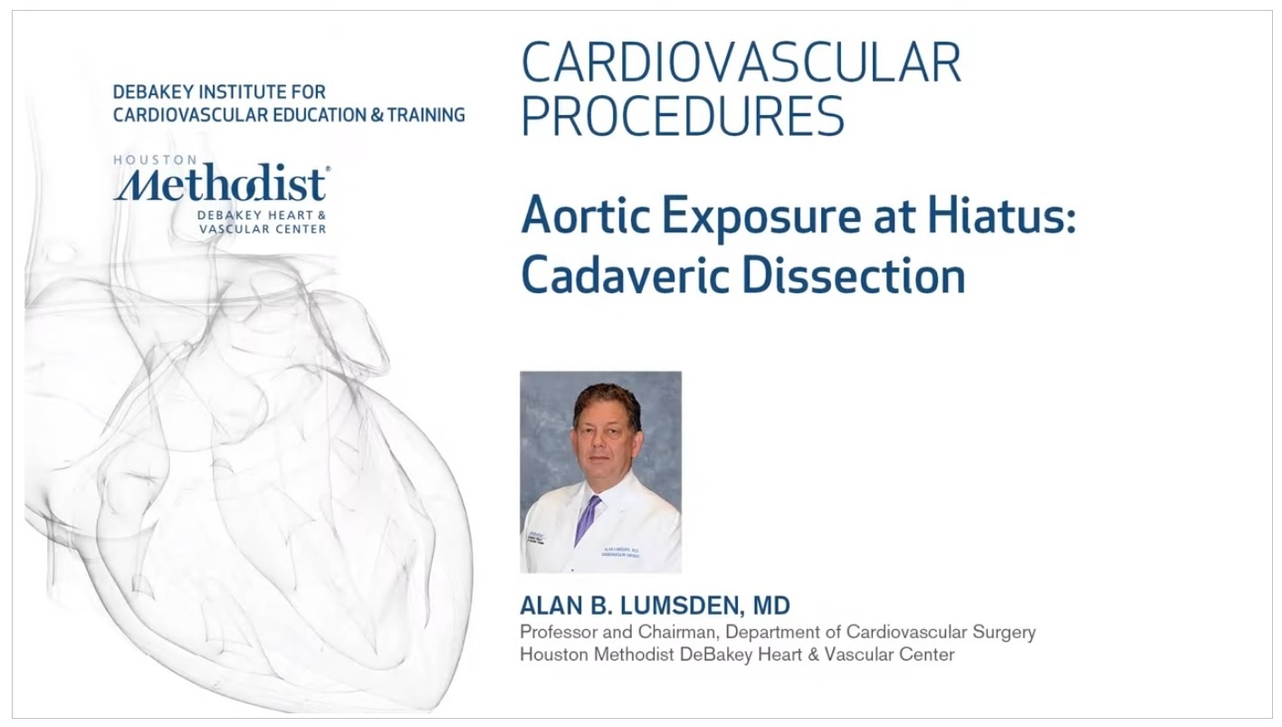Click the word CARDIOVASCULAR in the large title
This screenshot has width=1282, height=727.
click(741, 62)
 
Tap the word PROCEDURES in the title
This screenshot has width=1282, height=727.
click(683, 116)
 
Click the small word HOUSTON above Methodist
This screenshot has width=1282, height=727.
click(155, 159)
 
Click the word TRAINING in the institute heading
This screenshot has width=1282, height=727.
click(426, 115)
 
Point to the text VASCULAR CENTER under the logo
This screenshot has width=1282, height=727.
click(263, 229)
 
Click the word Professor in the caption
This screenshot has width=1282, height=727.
click(560, 632)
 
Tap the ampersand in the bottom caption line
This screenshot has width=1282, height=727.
click(814, 655)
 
